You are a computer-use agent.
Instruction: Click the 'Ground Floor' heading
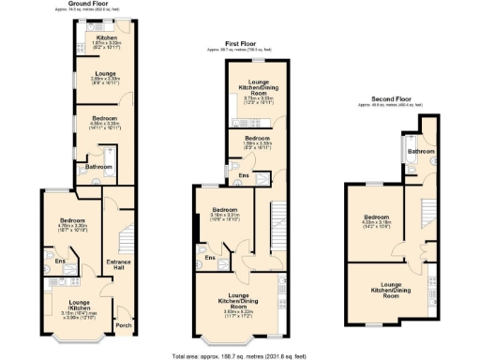click(x=97, y=5)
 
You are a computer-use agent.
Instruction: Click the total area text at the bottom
click(x=240, y=355)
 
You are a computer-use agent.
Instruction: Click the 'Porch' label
click(x=122, y=327)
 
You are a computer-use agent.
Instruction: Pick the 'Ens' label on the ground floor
click(x=58, y=262)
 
